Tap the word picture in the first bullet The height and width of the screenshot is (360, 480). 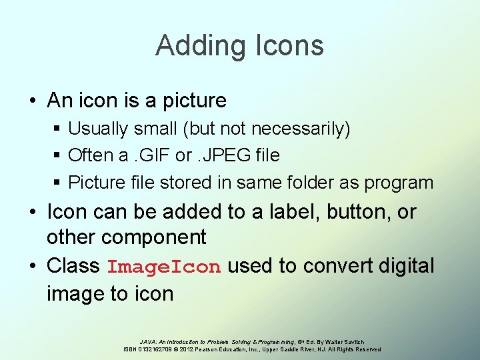coord(193,101)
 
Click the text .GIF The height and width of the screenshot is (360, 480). coord(149,155)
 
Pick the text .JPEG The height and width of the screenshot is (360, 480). coord(223,155)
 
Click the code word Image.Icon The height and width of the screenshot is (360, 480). coord(164,267)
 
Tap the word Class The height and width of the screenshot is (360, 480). coord(73,266)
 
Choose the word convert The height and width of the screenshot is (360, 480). coord(330,266)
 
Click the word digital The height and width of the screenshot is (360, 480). coord(406,266)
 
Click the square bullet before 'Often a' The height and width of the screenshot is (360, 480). coord(59,155)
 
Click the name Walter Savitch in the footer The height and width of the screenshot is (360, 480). coord(344,341)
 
